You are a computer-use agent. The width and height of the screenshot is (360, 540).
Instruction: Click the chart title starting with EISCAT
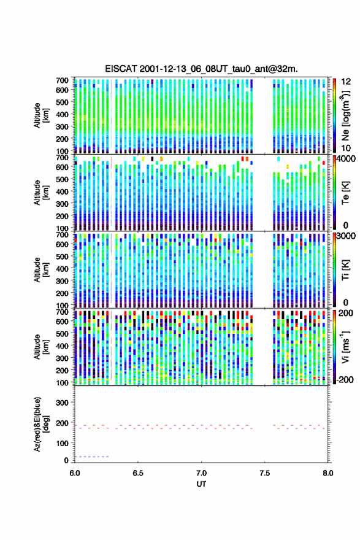point(201,69)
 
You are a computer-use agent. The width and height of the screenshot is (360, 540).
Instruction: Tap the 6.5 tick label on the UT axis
point(138,473)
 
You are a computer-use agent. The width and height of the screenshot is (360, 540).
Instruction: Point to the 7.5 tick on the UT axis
point(265,473)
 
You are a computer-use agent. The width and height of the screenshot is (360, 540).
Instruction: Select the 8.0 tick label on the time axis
point(328,473)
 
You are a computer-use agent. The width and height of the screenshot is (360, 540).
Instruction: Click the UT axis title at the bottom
point(201,484)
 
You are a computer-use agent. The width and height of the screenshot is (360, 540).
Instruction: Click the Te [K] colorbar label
point(345,193)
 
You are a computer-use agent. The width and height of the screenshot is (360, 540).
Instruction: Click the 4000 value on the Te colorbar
point(346,159)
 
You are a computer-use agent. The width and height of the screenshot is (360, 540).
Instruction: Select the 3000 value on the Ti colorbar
point(346,236)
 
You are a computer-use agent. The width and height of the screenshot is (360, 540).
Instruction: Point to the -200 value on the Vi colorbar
point(345,379)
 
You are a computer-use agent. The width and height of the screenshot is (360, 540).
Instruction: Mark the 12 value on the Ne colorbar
point(347,82)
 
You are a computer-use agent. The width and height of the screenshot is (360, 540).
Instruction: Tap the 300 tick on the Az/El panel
point(62,403)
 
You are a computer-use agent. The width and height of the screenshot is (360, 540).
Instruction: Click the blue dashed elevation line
point(91,457)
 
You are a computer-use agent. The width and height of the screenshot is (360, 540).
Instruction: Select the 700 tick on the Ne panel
point(62,80)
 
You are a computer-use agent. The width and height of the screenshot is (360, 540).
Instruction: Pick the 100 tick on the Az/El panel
point(62,443)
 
